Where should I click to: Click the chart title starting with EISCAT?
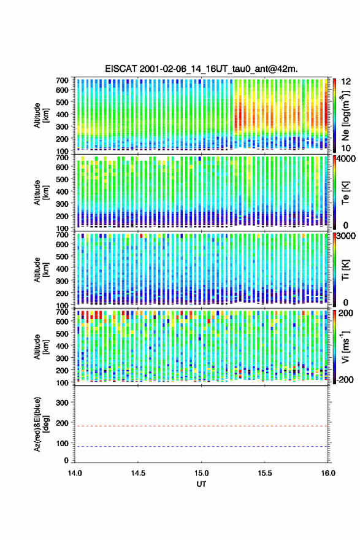click(x=201, y=69)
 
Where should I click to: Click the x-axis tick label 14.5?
click(x=138, y=473)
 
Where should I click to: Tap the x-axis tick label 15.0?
click(x=201, y=473)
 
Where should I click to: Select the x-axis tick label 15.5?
click(x=265, y=473)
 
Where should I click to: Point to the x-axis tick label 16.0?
click(x=328, y=473)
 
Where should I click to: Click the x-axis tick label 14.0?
click(x=75, y=473)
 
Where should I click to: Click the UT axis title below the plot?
click(x=201, y=484)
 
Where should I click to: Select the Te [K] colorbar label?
click(x=345, y=193)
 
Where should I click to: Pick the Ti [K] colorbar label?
click(x=345, y=269)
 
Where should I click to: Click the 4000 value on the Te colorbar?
click(x=346, y=159)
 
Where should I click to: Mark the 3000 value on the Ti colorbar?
click(x=347, y=236)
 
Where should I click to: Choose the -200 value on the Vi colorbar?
click(x=345, y=379)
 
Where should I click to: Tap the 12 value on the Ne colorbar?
click(x=346, y=82)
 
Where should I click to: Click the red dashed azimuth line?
click(x=201, y=426)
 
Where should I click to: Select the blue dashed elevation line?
click(x=201, y=446)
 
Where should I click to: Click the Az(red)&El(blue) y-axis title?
click(x=40, y=424)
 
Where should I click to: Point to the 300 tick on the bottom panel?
click(x=62, y=403)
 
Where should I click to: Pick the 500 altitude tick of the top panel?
click(x=62, y=102)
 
